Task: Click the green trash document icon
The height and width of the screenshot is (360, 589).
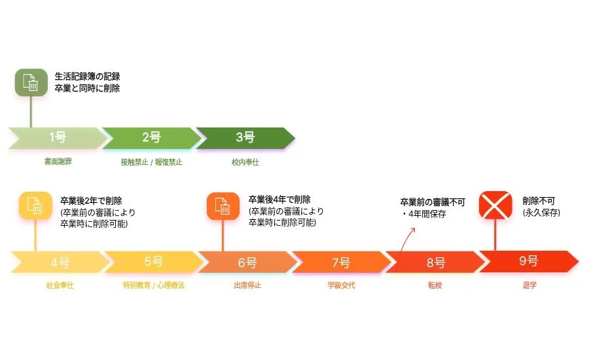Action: coord(31,83)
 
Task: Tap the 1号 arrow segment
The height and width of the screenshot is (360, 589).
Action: coord(58,137)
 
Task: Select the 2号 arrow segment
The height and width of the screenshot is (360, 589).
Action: coord(151,137)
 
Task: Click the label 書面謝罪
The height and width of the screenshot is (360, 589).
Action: coord(58,162)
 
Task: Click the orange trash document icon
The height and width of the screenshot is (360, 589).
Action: coord(223,206)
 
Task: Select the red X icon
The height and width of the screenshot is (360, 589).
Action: coord(495,206)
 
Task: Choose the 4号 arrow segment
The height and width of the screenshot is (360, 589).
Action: coord(59,262)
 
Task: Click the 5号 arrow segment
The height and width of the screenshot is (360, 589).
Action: coord(153,262)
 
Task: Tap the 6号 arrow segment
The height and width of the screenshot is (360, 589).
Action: coord(247,262)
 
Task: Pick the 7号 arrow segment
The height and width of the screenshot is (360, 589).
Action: coord(340,262)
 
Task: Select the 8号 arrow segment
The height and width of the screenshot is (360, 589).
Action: coord(435,262)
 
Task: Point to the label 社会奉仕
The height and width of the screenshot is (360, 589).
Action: coord(60,286)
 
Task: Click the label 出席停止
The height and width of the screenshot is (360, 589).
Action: coord(247,286)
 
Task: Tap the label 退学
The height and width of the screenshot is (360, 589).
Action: coord(529,286)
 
